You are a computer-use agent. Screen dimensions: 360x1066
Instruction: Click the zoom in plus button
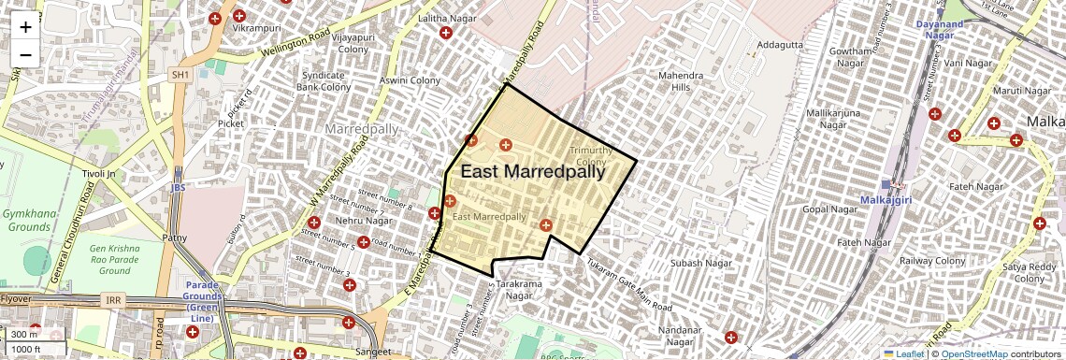coord(25,26)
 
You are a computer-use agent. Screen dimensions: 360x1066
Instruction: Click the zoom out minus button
coord(25,54)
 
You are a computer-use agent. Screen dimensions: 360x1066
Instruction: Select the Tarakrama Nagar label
coord(513,288)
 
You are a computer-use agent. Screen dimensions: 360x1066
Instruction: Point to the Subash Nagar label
coord(700,264)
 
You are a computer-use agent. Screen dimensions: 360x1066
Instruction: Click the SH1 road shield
coord(180,74)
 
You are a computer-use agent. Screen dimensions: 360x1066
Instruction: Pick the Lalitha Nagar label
coord(442,19)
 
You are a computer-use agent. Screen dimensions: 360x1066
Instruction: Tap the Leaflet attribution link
coord(903,353)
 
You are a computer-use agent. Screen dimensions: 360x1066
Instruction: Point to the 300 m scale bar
coord(25,335)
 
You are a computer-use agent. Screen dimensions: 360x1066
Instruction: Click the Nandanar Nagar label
coord(680,337)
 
